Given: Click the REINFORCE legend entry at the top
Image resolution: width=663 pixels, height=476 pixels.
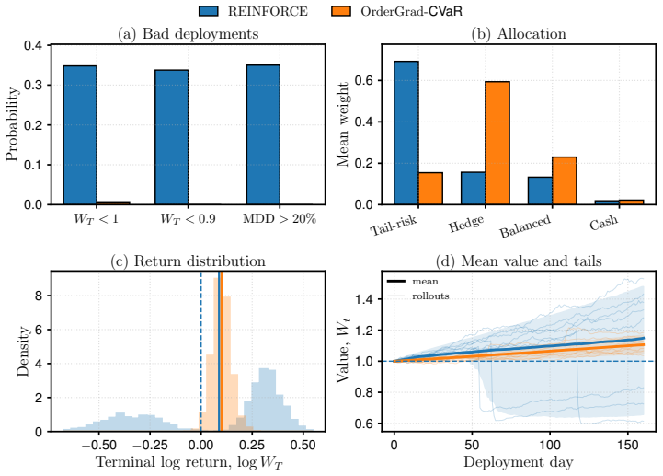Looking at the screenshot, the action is (x=253, y=10).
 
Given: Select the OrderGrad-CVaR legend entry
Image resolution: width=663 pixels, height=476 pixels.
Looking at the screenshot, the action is (x=396, y=10).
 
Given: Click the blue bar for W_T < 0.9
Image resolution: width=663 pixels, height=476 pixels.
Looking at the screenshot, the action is (x=172, y=137).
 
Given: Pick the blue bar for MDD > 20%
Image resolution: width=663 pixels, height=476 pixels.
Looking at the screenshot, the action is (x=263, y=134).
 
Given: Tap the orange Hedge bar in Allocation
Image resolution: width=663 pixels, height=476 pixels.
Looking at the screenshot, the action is (x=497, y=143).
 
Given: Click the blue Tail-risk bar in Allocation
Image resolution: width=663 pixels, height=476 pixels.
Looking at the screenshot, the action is (x=406, y=133).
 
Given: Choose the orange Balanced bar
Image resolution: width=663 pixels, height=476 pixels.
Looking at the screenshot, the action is (x=565, y=180).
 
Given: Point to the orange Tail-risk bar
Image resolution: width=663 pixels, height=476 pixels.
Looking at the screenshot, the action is (x=430, y=189).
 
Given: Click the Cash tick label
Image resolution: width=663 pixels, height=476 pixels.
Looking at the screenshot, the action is (x=604, y=222).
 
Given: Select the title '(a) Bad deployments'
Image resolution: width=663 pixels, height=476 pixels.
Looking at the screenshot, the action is (x=189, y=34).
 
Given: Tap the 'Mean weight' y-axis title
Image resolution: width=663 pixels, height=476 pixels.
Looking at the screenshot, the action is (x=342, y=124).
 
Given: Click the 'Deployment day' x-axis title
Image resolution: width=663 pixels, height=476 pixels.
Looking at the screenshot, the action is (x=519, y=461).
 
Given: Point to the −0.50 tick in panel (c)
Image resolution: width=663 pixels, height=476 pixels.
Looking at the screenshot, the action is (x=93, y=446).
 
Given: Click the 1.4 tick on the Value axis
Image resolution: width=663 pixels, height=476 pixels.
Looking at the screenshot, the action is (x=364, y=299).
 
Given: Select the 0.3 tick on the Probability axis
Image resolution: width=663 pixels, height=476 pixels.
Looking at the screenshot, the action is (x=33, y=85).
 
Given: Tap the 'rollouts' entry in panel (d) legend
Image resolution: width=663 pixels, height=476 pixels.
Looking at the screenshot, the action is (x=430, y=296).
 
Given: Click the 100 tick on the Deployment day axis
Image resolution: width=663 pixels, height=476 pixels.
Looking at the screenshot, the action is (x=550, y=445).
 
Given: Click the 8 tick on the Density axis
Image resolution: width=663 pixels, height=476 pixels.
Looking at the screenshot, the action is (x=39, y=296).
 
